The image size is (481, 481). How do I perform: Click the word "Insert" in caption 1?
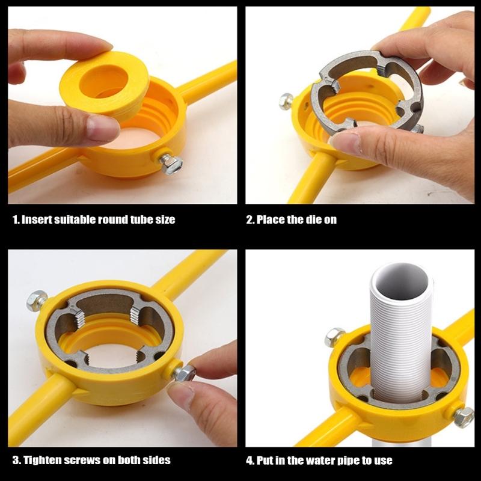(35, 219)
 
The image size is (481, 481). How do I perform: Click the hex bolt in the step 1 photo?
(171, 163)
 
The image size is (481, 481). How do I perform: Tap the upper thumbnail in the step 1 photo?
(99, 45)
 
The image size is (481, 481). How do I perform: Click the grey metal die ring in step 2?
(367, 90)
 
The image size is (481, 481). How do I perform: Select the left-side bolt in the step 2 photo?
(287, 100)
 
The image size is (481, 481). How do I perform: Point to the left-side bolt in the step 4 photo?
(334, 337)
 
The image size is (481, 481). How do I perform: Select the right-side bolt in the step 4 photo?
(463, 417)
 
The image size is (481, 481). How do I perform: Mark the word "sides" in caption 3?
(157, 460)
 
